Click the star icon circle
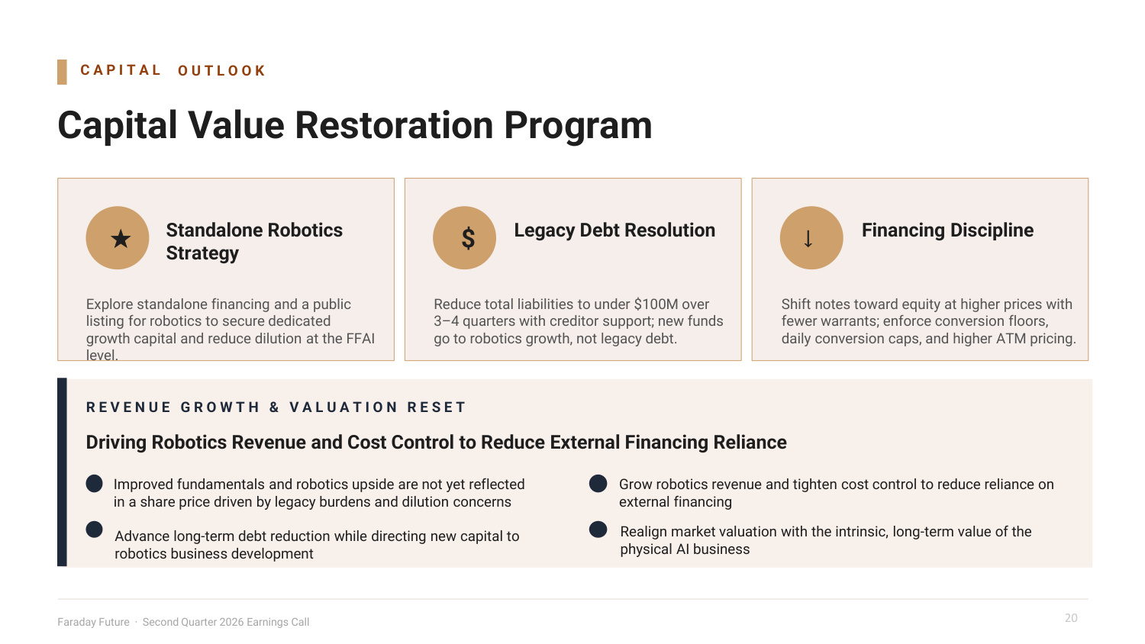click(117, 237)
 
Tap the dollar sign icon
click(468, 238)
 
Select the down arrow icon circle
click(811, 237)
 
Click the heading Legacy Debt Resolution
click(614, 230)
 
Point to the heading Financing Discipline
click(948, 230)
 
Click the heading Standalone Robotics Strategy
click(254, 241)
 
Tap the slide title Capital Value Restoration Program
click(355, 125)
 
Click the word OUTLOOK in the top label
click(221, 70)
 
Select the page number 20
click(1071, 618)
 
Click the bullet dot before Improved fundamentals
click(94, 484)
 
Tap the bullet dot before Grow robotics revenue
click(598, 484)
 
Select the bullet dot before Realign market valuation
click(598, 530)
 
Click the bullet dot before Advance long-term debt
click(94, 530)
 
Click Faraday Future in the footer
click(94, 622)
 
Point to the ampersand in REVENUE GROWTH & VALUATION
click(275, 407)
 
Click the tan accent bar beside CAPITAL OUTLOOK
click(62, 72)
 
